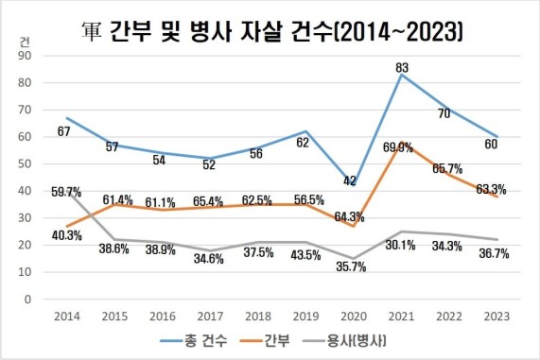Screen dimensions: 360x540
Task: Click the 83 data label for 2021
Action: tap(402, 67)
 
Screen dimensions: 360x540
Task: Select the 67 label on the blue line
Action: tap(65, 131)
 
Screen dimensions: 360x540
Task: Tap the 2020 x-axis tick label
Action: tap(352, 316)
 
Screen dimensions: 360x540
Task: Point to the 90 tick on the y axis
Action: tap(26, 56)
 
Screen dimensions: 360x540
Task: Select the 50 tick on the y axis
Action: tap(26, 164)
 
